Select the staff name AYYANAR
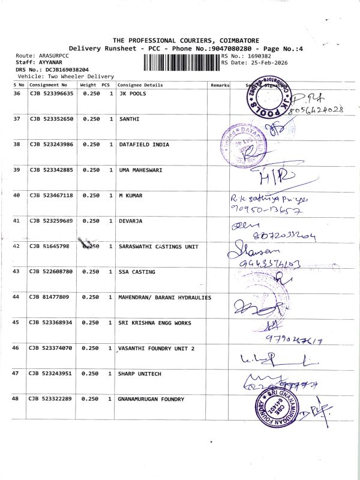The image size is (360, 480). tap(53, 62)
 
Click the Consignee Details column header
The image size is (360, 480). tap(140, 85)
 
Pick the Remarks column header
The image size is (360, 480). tap(220, 85)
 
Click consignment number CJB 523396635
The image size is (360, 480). tap(51, 94)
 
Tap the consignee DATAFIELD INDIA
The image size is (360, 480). tap(144, 145)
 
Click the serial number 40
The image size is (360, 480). tap(16, 195)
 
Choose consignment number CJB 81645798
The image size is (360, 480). tap(49, 246)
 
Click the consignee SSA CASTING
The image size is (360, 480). tap(137, 272)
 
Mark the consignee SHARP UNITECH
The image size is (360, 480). tap(140, 373)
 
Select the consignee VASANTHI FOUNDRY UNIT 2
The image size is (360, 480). tap(157, 348)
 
